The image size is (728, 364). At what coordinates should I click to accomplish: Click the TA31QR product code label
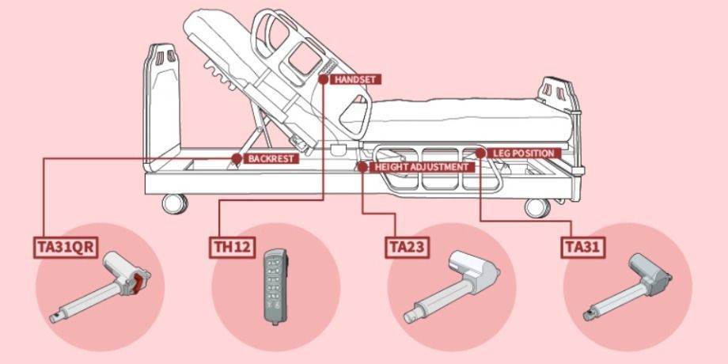[66, 247]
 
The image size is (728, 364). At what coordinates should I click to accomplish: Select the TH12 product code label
[233, 247]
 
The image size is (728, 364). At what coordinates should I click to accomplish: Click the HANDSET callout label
[355, 79]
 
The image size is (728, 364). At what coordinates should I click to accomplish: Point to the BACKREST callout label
[271, 158]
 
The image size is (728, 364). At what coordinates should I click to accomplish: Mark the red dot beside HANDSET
[324, 79]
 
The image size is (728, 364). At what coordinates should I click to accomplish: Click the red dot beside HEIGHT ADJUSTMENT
[362, 167]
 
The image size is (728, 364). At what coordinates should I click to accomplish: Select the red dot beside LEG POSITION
[481, 152]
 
